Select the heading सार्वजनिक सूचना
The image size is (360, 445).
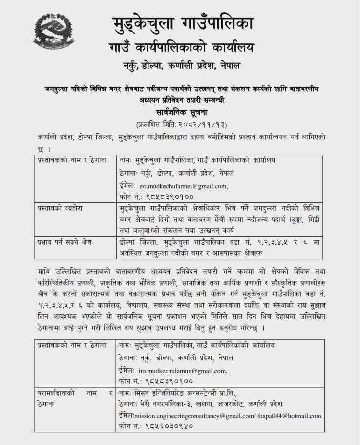180,112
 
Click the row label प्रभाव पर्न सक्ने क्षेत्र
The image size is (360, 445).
64,242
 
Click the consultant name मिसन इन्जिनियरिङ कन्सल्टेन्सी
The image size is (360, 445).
187,393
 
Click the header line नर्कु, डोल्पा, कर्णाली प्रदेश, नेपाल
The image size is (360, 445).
180,65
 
